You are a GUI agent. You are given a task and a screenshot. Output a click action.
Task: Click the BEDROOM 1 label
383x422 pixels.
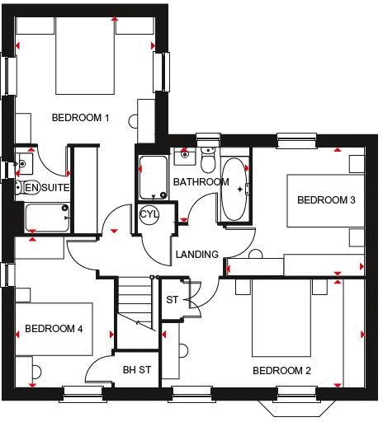pos(81,118)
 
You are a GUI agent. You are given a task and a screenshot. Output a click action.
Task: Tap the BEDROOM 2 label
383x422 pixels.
pos(281,371)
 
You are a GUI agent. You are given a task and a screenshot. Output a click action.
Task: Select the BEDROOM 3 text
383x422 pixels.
pos(326,200)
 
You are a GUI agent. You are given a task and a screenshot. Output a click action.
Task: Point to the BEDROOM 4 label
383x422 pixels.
pos(54,329)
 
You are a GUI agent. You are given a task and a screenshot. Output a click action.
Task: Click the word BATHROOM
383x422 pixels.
pos(201,182)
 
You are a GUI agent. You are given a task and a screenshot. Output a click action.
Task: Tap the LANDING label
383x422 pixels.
pos(197,255)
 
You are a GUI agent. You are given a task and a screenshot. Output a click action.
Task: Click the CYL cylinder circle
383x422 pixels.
pos(149,214)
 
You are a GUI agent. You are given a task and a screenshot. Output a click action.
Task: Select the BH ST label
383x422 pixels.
pos(136,370)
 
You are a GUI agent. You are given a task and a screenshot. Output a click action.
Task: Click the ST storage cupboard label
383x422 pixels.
pos(173,299)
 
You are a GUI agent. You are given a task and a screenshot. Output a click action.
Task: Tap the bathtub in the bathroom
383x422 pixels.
pos(235,191)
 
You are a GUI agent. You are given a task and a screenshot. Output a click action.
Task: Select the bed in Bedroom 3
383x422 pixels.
pos(322,200)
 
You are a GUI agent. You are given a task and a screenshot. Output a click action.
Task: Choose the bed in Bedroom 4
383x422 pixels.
pos(58,330)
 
